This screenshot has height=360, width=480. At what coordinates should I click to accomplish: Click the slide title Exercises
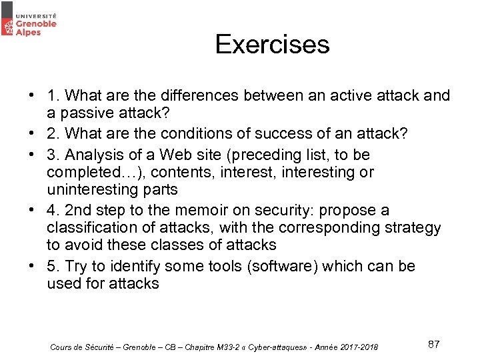[272, 45]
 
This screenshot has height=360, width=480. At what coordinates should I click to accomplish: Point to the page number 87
[433, 344]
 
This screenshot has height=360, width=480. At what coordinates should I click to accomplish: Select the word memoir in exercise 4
[208, 211]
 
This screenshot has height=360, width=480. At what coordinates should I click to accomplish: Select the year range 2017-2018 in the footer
[360, 347]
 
